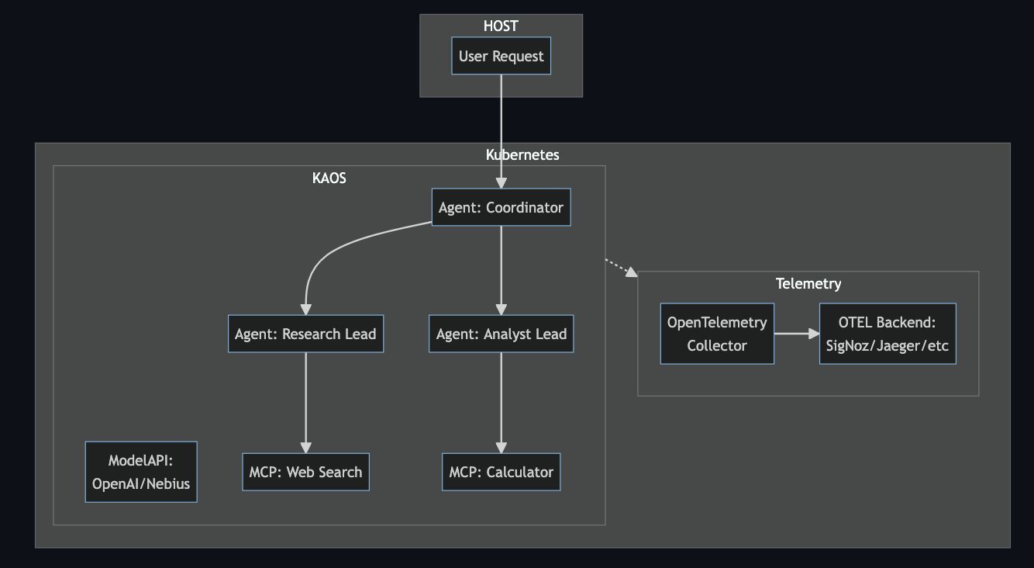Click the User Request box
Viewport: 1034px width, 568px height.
coord(501,56)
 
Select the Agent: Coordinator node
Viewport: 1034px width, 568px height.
coord(501,207)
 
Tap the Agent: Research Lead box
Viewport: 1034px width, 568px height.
coord(305,334)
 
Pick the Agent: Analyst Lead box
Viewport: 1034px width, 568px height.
coord(501,334)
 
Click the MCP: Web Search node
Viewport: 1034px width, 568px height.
coord(305,472)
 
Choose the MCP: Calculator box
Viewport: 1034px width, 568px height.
coord(501,472)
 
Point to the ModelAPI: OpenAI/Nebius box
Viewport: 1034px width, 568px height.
coord(141,472)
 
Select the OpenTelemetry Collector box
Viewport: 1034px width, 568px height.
coord(717,334)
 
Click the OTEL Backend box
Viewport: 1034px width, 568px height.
coord(887,334)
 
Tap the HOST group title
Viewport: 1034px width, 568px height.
coord(501,26)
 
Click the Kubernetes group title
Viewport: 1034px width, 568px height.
coord(522,154)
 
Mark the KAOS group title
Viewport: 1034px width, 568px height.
coord(329,178)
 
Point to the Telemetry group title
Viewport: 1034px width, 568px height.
coord(808,283)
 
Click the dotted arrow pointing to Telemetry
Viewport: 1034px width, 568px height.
coord(621,267)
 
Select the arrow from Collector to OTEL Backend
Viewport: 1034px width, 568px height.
coord(796,334)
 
